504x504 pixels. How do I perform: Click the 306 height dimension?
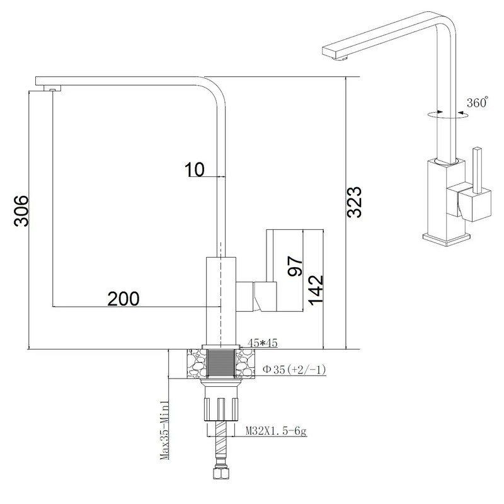[x=21, y=210]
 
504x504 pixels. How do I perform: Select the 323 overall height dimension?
[x=355, y=202]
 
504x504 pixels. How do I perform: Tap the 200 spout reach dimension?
[x=123, y=299]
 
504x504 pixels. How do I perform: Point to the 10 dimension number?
[x=195, y=169]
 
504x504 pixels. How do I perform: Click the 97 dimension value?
[x=295, y=266]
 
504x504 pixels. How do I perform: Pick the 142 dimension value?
[x=316, y=290]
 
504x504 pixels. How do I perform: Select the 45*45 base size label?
[x=262, y=343]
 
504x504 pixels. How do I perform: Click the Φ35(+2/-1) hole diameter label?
[x=294, y=370]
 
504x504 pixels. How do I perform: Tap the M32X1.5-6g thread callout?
[x=276, y=431]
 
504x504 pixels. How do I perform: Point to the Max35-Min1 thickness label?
[x=164, y=430]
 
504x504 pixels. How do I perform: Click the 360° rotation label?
[x=478, y=102]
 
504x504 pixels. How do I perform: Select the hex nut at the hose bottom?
[x=221, y=474]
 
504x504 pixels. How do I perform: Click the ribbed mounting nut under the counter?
[x=221, y=409]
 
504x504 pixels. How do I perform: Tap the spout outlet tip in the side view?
[x=52, y=89]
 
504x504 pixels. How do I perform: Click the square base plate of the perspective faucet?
[x=447, y=239]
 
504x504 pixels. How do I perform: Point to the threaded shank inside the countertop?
[x=220, y=363]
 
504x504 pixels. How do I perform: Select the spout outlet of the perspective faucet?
[x=340, y=58]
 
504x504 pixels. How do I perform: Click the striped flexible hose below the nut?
[x=221, y=442]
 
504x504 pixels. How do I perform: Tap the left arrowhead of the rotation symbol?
[x=440, y=112]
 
